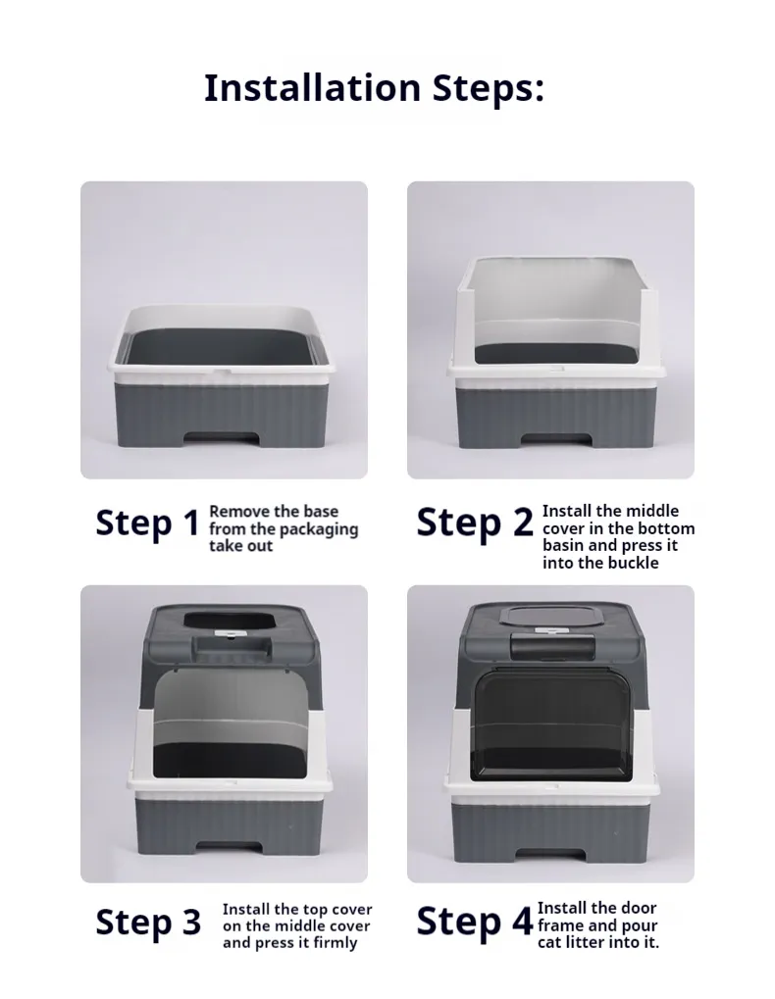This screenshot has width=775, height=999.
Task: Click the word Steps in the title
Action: [488, 88]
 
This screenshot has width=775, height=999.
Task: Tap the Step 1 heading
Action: [147, 524]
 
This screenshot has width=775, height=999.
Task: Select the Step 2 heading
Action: [475, 523]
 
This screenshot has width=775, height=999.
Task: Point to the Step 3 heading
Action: [148, 923]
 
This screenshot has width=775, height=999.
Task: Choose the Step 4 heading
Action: [475, 922]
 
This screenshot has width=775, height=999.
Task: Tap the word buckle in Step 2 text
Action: [633, 563]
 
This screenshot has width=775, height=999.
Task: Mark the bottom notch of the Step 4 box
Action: [550, 855]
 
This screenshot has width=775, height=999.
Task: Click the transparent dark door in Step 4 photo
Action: [550, 721]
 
